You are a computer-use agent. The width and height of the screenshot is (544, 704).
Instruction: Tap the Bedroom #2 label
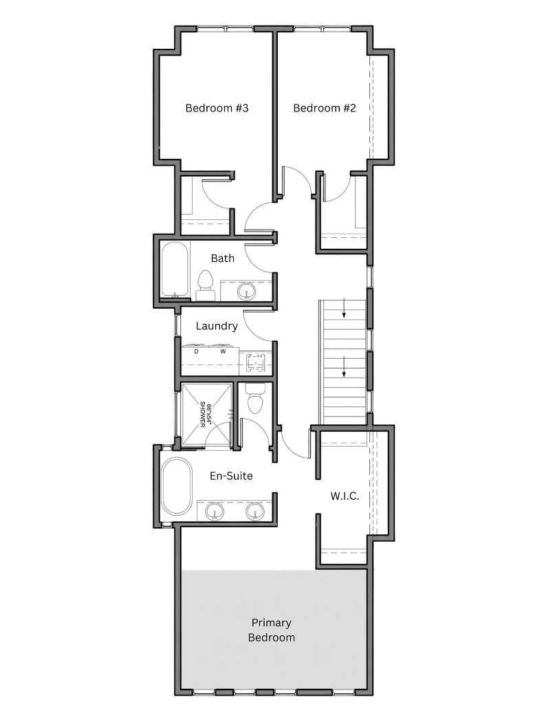pos(324,108)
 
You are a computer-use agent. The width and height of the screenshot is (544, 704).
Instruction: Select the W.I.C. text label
pos(345,496)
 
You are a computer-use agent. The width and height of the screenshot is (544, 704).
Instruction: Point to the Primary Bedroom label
pos(272,630)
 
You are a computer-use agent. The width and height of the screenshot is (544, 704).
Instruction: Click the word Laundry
pos(217,326)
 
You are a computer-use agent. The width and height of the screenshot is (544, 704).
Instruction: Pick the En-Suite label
pos(231,475)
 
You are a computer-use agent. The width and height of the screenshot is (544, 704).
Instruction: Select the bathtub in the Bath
pos(175,269)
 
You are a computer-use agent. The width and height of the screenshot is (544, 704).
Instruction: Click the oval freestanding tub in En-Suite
pos(177,486)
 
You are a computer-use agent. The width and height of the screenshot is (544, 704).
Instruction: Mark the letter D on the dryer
pos(196,351)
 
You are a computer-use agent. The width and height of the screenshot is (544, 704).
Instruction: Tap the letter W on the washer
pos(223,351)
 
